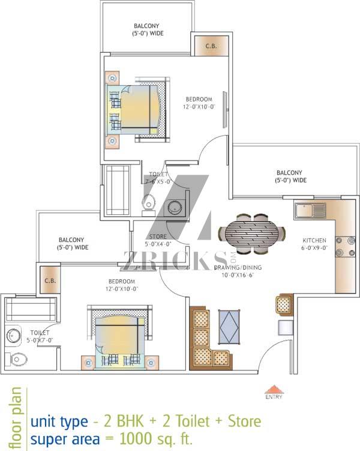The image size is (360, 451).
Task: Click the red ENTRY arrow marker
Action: [274, 389]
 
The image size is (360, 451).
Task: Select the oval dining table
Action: [251, 234]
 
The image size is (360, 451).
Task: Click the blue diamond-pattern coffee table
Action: [229, 327]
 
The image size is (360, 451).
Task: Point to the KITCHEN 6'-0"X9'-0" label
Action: [314, 244]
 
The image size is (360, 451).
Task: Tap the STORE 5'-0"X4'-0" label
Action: [158, 240]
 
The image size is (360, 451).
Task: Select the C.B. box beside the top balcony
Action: [211, 46]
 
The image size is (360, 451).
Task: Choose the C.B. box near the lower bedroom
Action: [50, 280]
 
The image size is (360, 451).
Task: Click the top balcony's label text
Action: [148, 29]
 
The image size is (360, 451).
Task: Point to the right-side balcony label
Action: [291, 177]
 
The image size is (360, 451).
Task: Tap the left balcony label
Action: [73, 243]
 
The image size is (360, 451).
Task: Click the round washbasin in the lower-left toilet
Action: [14, 336]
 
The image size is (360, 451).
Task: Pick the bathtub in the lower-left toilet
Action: [31, 309]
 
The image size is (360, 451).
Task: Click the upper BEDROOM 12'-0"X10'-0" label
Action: [199, 103]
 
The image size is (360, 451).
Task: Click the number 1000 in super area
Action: [136, 438]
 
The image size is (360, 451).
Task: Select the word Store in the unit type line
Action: [245, 421]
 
